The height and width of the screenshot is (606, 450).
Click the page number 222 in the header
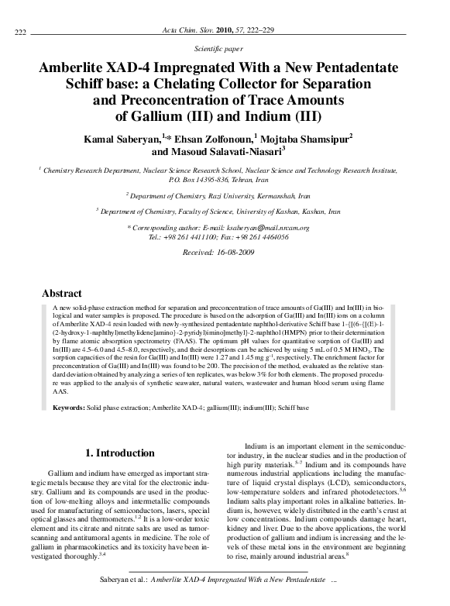21,30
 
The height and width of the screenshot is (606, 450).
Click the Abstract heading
62,294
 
